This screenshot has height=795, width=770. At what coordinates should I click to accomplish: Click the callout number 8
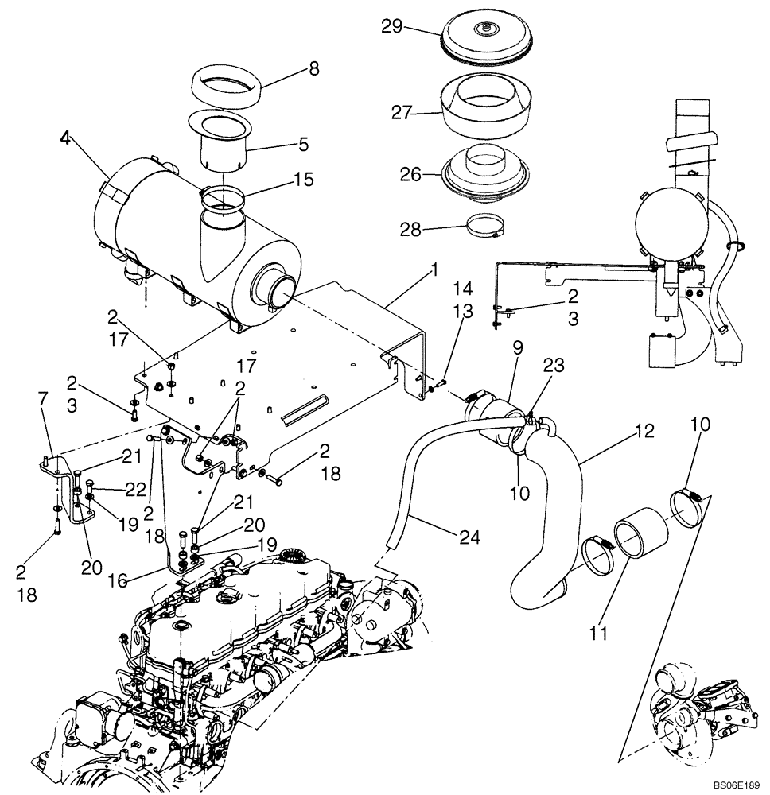[x=314, y=68]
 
